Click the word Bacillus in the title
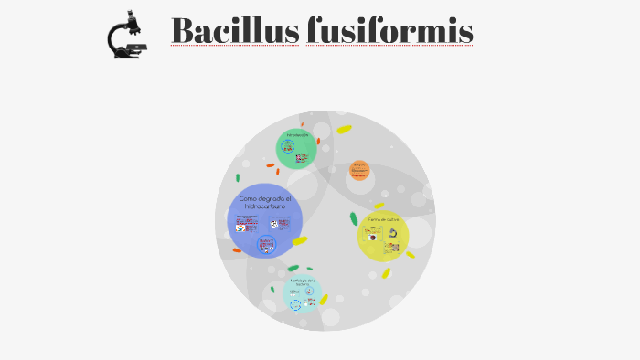point(234,31)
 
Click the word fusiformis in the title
point(389,31)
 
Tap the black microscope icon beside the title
point(128,36)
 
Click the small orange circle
point(360,170)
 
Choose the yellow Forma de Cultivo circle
point(383,236)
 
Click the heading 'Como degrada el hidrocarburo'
point(264,203)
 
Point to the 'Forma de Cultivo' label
point(384,219)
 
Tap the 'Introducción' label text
point(297,135)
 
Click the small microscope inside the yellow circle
point(392,232)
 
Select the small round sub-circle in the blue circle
point(267,244)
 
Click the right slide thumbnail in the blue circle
point(278,225)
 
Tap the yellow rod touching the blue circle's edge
point(299,241)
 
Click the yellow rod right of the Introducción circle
point(344,130)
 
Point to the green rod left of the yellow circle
point(354,218)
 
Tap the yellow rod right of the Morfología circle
point(324,299)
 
